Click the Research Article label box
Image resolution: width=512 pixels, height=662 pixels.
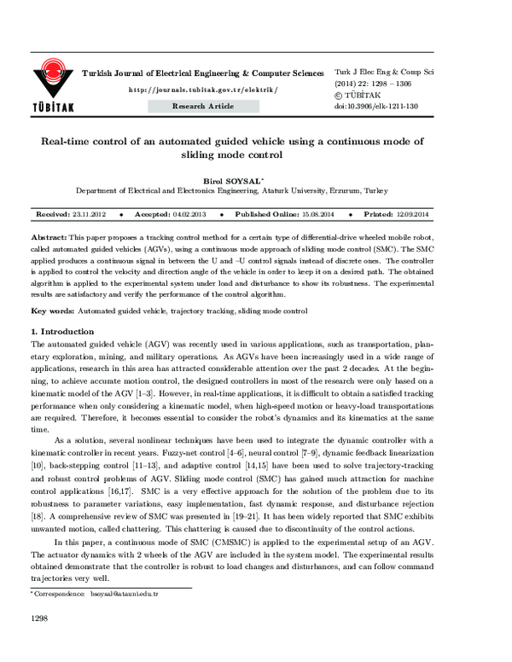[202, 106]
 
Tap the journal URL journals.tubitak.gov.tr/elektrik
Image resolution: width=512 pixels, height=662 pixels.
[202, 90]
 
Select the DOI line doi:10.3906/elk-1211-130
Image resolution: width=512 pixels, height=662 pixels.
[375, 107]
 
